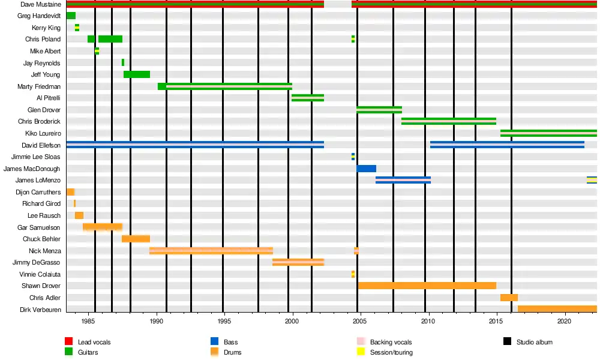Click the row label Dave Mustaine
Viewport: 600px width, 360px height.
(40, 4)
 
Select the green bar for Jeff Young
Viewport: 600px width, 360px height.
(137, 74)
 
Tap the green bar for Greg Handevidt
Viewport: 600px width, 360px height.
(71, 16)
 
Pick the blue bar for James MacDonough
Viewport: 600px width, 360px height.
(366, 169)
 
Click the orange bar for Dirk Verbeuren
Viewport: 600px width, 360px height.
(557, 309)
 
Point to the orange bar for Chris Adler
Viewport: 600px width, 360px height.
(509, 298)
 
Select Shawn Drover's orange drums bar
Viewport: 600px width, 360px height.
(427, 286)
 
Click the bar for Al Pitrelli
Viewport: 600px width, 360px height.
(308, 98)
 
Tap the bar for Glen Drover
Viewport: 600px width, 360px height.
(379, 110)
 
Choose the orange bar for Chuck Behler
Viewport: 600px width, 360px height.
(136, 239)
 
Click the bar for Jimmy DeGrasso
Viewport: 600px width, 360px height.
(298, 262)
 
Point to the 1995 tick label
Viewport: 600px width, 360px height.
(224, 321)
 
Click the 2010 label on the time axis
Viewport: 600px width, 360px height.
(428, 321)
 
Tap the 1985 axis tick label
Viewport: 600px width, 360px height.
(88, 321)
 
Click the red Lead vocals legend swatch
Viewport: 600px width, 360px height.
(68, 342)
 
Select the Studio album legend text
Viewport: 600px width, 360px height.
(534, 342)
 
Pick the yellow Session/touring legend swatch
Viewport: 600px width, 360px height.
(361, 352)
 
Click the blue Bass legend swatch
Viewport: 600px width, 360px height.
(214, 342)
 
